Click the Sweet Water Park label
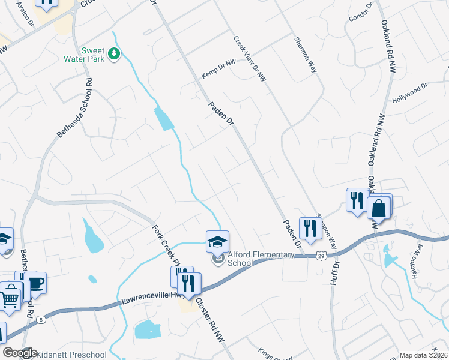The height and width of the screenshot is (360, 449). point(85,55)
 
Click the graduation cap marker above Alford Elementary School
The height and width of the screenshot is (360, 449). point(217,242)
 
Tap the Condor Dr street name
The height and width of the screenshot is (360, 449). point(361,13)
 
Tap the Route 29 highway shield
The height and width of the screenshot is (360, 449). point(322,255)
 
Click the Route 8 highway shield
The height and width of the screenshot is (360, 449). point(40,320)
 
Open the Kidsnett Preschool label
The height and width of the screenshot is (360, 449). point(72,355)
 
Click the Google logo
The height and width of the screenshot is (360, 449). point(20,353)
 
